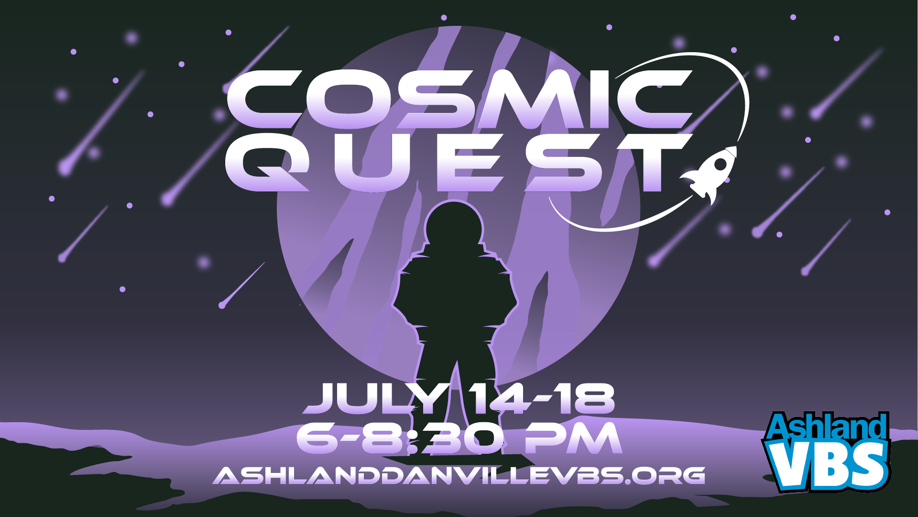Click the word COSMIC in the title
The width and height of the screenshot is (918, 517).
[459, 100]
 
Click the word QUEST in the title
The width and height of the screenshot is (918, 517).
[459, 163]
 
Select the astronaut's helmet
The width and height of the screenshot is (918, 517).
[455, 226]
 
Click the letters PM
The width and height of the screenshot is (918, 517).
[574, 438]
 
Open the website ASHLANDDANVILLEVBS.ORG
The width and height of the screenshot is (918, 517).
[459, 475]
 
